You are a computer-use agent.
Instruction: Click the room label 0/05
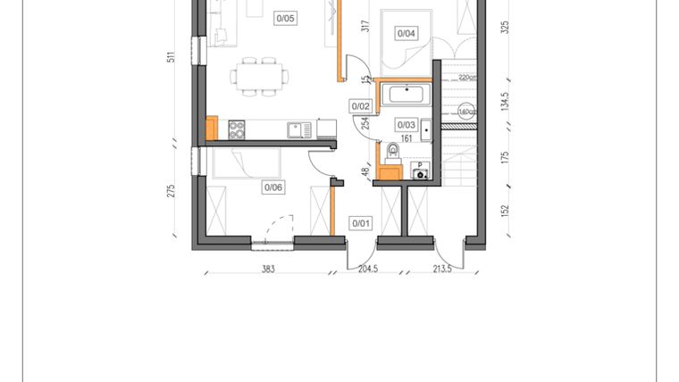coord(286,17)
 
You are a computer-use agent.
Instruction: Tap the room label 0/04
coord(407,34)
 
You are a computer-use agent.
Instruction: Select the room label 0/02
coord(361,106)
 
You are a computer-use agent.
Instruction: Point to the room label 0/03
coord(407,125)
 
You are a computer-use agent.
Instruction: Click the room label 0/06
coord(272,187)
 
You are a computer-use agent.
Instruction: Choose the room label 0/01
coord(361,222)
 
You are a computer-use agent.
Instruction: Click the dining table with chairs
coord(256,75)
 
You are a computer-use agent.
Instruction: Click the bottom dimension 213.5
coord(441,268)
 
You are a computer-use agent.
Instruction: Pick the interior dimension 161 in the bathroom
coord(407,139)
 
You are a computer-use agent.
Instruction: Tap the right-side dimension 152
coord(504,211)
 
